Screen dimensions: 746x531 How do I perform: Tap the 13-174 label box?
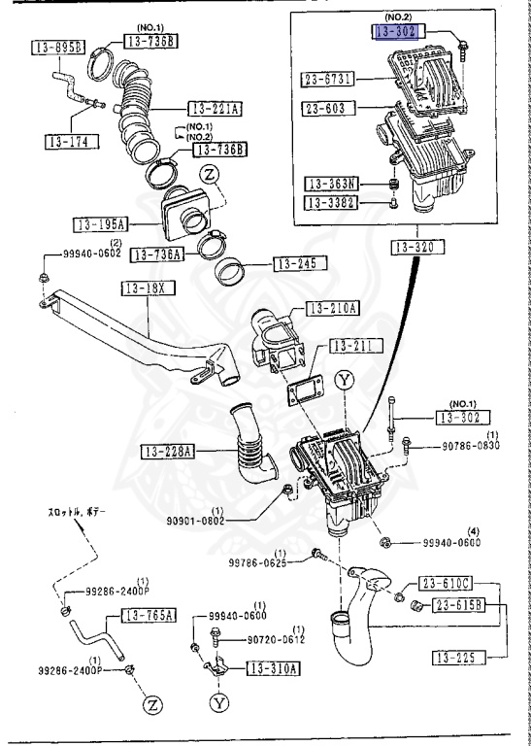[x=66, y=142]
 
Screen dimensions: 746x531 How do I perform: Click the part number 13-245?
[x=299, y=262]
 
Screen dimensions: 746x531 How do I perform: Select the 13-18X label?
[x=146, y=288]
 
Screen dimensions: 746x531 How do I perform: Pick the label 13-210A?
[x=332, y=309]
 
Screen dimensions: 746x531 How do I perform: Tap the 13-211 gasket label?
[x=355, y=345]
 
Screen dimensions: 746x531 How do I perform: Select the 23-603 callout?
[x=326, y=108]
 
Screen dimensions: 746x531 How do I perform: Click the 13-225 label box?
[x=459, y=658]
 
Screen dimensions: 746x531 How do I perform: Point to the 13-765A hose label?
[x=149, y=615]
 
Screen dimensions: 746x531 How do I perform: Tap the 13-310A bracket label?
[x=274, y=668]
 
